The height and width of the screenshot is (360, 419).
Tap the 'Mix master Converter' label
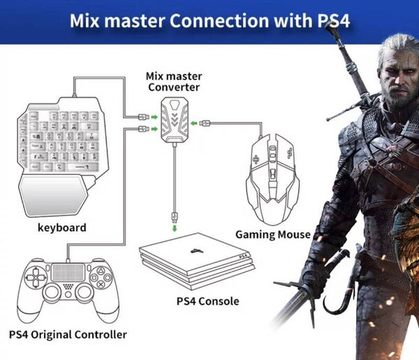click(x=173, y=81)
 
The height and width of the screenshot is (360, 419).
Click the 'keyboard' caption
click(x=63, y=227)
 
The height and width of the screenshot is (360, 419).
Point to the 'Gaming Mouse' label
click(x=272, y=234)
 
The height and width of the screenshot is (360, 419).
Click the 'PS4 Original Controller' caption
click(x=68, y=333)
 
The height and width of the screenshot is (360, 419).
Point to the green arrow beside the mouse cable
click(x=203, y=124)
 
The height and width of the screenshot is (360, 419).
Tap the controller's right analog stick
click(x=84, y=292)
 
